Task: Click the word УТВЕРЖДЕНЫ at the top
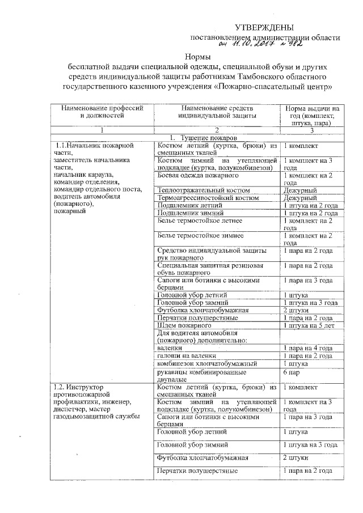(x=265, y=27)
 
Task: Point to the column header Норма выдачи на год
(x=312, y=115)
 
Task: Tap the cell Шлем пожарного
(x=180, y=325)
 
